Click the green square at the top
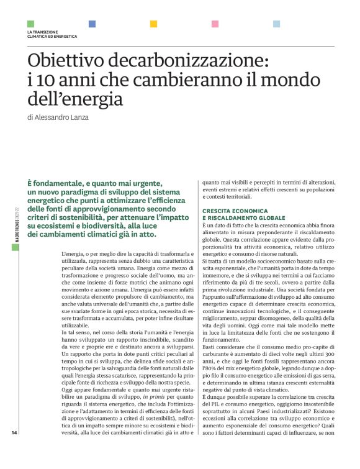point(30,24)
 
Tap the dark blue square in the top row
point(92,24)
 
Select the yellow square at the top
point(153,24)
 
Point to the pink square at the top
point(215,24)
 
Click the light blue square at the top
point(276,24)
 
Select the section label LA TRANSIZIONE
point(43,32)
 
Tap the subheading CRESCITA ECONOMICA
point(233,212)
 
